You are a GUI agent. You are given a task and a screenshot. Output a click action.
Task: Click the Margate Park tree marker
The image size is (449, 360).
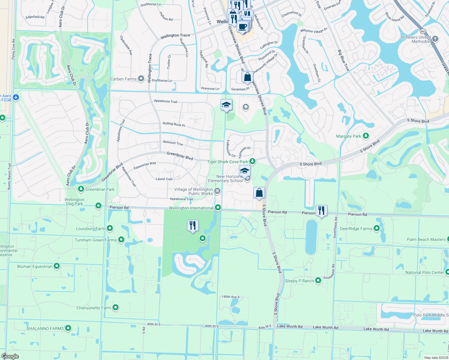(x=366, y=136)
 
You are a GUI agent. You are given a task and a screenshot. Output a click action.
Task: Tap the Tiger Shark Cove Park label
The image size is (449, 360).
(x=228, y=162)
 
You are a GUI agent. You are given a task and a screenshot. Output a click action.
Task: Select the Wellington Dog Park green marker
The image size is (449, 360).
(x=98, y=205)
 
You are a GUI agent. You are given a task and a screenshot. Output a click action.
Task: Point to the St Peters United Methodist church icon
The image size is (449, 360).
(x=435, y=39)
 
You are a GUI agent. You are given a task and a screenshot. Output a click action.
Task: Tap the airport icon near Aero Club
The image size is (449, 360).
(x=16, y=97)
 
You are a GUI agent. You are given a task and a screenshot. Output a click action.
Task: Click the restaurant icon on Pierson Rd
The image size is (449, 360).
(x=321, y=210)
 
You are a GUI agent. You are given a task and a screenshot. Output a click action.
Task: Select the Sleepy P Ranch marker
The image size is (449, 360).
(x=318, y=280)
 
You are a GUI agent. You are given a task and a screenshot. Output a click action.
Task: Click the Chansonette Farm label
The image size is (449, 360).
(x=94, y=308)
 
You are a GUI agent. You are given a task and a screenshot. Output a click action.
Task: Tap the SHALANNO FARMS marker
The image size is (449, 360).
(x=68, y=328)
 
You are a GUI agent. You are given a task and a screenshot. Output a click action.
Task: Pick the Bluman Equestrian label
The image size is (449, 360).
(x=35, y=266)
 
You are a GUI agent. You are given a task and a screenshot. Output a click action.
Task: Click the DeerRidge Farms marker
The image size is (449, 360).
(x=377, y=228)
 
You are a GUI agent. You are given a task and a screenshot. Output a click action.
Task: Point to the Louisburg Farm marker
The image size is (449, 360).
(x=110, y=228)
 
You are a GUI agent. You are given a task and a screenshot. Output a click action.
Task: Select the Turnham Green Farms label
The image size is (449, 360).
(x=95, y=240)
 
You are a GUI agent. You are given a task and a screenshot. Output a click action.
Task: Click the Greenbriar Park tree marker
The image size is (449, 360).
(x=81, y=189)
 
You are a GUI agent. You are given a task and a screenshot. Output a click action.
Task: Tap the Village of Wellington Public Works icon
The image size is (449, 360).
(x=217, y=191)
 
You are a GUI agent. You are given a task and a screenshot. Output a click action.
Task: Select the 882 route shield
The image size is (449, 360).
(x=423, y=31)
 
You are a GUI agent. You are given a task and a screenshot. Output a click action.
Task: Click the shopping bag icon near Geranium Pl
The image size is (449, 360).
(x=247, y=77)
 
